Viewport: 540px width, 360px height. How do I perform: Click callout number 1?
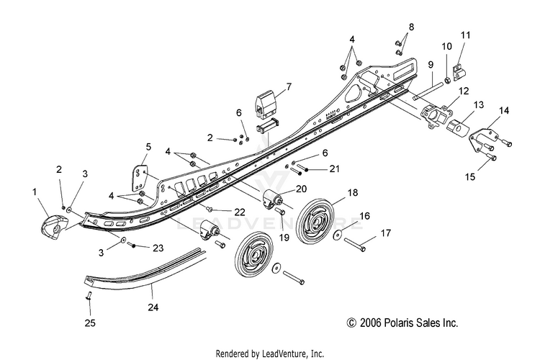(35, 192)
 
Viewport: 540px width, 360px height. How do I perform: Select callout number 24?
(153, 307)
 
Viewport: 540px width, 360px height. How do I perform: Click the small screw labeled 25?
(89, 296)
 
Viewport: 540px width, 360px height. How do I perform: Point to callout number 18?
(353, 192)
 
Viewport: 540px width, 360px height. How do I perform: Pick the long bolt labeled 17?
(354, 244)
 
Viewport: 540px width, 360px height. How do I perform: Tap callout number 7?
(289, 87)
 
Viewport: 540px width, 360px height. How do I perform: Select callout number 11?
(465, 35)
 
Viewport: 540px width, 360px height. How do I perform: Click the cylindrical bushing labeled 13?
(458, 128)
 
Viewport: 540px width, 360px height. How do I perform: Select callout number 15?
(470, 176)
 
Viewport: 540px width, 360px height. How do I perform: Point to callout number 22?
(239, 212)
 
